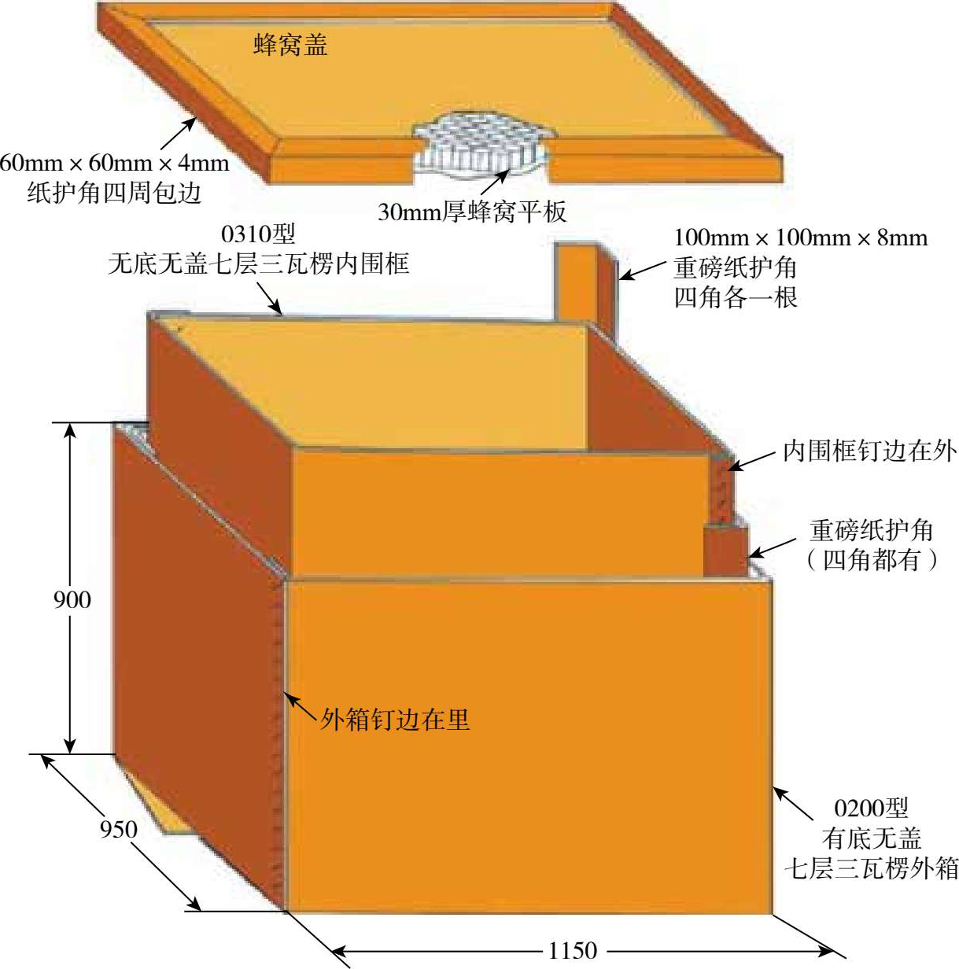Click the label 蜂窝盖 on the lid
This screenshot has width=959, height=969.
click(290, 45)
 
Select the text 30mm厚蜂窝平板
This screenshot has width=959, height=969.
click(471, 212)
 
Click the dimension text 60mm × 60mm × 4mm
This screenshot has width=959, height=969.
click(115, 163)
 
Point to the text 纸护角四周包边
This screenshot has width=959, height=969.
click(115, 192)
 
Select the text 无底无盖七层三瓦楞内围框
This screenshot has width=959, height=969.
click(259, 263)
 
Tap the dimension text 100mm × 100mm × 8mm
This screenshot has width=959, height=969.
click(800, 238)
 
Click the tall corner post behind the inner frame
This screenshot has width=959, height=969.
click(585, 283)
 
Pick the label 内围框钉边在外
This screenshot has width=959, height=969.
click(869, 451)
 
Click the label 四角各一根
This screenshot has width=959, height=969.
click(736, 297)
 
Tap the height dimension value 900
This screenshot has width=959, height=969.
click(72, 599)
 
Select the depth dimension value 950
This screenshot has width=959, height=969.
click(118, 828)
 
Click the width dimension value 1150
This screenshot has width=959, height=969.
click(572, 951)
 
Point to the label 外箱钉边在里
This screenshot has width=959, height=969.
click(395, 719)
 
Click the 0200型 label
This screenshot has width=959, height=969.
click(871, 808)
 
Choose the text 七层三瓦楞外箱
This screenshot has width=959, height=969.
click(871, 868)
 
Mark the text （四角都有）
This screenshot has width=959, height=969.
click(871, 560)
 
